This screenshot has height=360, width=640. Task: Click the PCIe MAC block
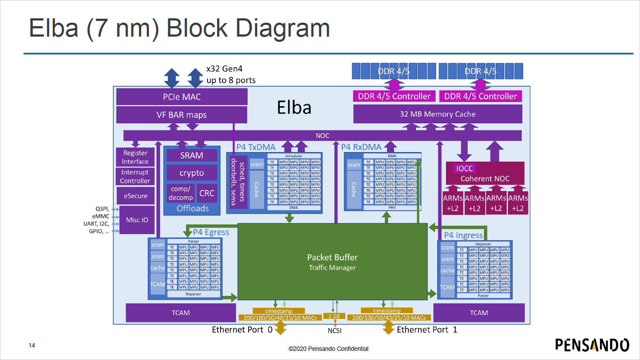point(182,97)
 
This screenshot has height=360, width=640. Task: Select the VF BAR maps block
point(181,115)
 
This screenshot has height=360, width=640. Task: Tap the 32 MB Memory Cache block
point(437,114)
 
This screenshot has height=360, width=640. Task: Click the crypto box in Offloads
point(191,173)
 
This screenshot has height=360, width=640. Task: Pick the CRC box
point(207,193)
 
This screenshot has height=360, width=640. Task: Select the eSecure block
point(136,196)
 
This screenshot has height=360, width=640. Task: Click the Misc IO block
point(137,220)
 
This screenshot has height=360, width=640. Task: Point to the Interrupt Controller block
point(135,177)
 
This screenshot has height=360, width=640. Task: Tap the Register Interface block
point(135,157)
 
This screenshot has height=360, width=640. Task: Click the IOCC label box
point(464,168)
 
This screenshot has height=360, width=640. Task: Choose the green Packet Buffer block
point(332,262)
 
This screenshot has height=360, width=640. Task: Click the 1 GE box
point(334,316)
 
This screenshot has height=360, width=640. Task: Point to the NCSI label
point(334,330)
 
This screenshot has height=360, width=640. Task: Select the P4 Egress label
point(211,232)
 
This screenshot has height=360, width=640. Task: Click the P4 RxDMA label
point(361,147)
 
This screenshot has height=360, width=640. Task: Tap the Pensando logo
point(592,345)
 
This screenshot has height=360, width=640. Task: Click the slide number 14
point(32,345)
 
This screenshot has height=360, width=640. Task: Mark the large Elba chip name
point(294,108)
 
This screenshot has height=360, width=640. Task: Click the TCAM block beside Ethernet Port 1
point(479,312)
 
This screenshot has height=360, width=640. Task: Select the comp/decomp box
point(180,193)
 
